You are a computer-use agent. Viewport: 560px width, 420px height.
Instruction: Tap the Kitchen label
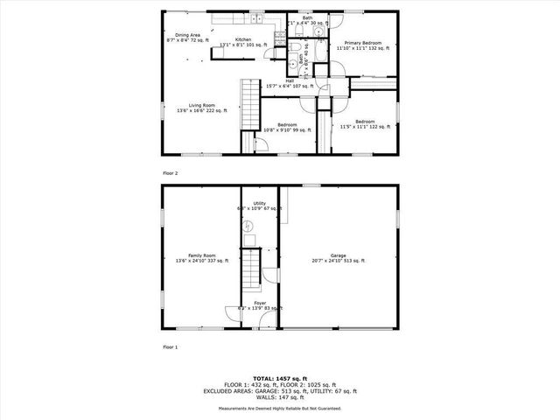coord(242,41)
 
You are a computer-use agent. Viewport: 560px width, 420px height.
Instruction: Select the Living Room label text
coord(196,108)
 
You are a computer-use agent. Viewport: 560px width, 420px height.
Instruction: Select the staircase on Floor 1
coord(252,269)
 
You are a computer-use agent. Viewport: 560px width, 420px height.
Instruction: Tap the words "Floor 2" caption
coord(170,173)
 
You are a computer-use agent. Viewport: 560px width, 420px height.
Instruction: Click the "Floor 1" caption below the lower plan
coord(170,347)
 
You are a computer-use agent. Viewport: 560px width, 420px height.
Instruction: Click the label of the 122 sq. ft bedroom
coord(365,124)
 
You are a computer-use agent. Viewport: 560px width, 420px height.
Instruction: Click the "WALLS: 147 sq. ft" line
coord(280,397)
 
